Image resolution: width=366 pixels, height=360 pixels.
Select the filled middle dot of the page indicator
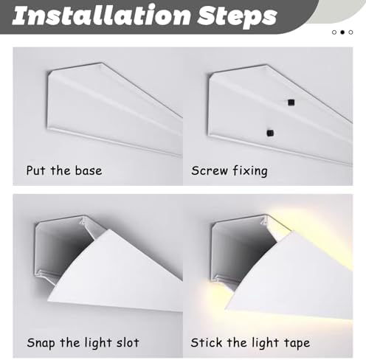(343, 32)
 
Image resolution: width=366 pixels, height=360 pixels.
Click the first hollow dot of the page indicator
(334, 32)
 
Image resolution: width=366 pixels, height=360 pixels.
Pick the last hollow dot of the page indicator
(352, 32)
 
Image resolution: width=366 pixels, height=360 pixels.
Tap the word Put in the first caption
(37, 171)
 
